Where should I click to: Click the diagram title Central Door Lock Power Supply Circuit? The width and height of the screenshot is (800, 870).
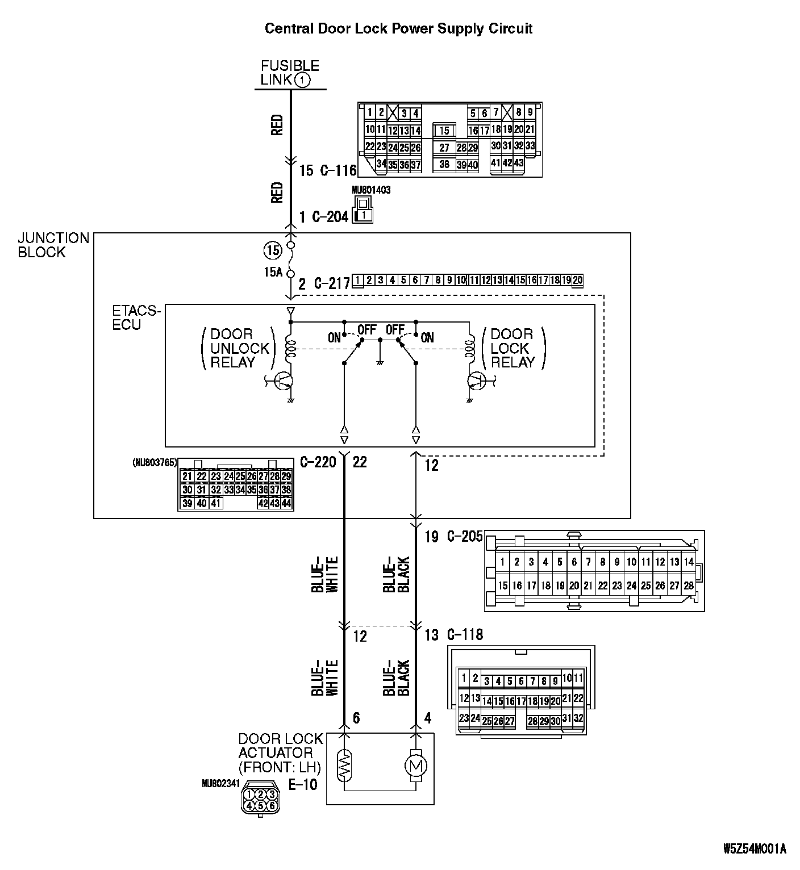[398, 29]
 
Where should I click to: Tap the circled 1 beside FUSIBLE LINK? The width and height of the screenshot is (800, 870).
[302, 80]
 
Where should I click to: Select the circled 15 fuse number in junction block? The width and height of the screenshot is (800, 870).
[272, 250]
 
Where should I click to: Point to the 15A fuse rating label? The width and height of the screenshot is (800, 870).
[273, 272]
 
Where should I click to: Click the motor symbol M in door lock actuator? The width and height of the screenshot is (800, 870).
[415, 766]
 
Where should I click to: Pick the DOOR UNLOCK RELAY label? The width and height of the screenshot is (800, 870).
[232, 348]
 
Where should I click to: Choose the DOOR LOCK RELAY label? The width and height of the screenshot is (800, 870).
[512, 348]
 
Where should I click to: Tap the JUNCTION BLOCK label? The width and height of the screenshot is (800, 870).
[53, 245]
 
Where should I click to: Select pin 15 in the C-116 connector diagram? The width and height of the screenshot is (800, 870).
[444, 131]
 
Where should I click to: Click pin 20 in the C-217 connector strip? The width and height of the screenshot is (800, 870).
[577, 280]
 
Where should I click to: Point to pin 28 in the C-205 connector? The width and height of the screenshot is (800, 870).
[688, 585]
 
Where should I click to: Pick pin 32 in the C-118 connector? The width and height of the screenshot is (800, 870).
[578, 718]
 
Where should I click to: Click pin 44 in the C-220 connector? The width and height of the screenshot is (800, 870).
[286, 503]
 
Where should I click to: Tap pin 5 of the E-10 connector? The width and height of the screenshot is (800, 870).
[260, 805]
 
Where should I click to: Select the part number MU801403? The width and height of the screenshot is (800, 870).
[371, 190]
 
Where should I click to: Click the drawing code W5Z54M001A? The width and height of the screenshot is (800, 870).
[755, 849]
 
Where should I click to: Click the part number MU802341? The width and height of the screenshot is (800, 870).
[221, 783]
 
